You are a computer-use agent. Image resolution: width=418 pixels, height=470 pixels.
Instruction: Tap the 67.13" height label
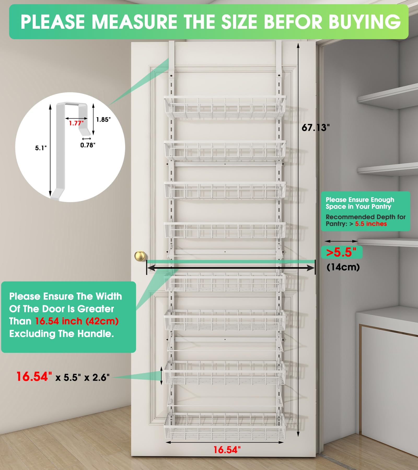[315, 128]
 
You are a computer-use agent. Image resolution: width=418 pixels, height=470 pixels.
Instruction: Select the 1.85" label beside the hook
[103, 120]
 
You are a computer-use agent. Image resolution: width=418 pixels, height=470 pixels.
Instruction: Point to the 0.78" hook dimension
[88, 145]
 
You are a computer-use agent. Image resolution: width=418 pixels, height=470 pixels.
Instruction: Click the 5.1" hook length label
[41, 148]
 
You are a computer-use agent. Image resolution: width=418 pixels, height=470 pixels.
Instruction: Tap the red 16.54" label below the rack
[227, 450]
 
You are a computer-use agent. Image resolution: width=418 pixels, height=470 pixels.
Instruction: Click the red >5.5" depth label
[341, 252]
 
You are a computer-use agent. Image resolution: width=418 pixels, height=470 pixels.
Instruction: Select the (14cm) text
[343, 267]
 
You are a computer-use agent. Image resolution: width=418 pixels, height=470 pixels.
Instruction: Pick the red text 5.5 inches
[371, 224]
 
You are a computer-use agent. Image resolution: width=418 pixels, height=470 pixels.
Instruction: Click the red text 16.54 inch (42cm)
[77, 321]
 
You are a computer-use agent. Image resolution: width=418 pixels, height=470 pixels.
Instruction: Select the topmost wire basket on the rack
[225, 107]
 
